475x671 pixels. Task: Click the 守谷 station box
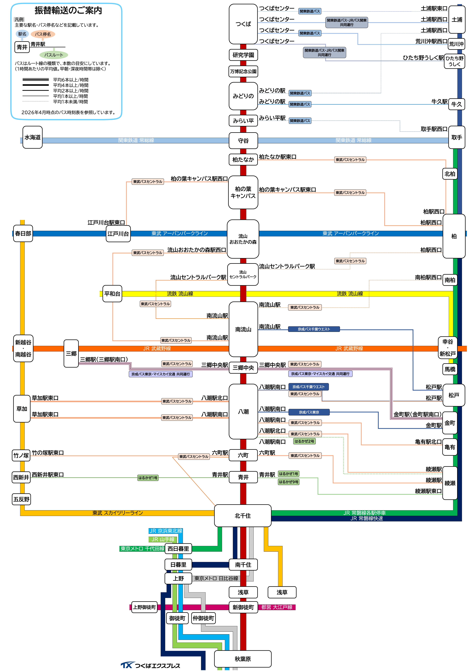[x=243, y=141]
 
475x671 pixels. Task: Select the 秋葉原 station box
[x=243, y=659]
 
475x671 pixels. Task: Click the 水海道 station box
[x=32, y=137]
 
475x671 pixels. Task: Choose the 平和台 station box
[x=112, y=294]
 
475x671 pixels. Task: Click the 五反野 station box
[x=21, y=499]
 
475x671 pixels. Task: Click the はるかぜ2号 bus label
[x=304, y=441]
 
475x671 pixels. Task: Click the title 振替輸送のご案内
[x=68, y=11]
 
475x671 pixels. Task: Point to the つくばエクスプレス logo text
[x=157, y=665]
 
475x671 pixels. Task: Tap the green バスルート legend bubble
[x=53, y=55]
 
